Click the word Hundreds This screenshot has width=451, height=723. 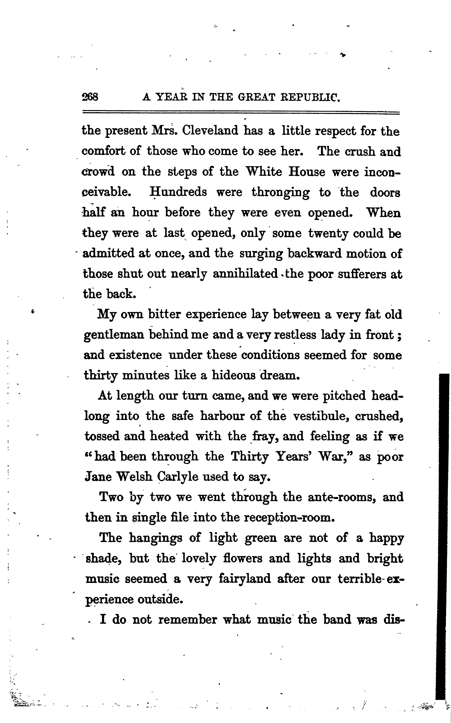pos(178,192)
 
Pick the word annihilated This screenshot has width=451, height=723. pos(245,274)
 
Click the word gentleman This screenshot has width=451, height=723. pos(114,335)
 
